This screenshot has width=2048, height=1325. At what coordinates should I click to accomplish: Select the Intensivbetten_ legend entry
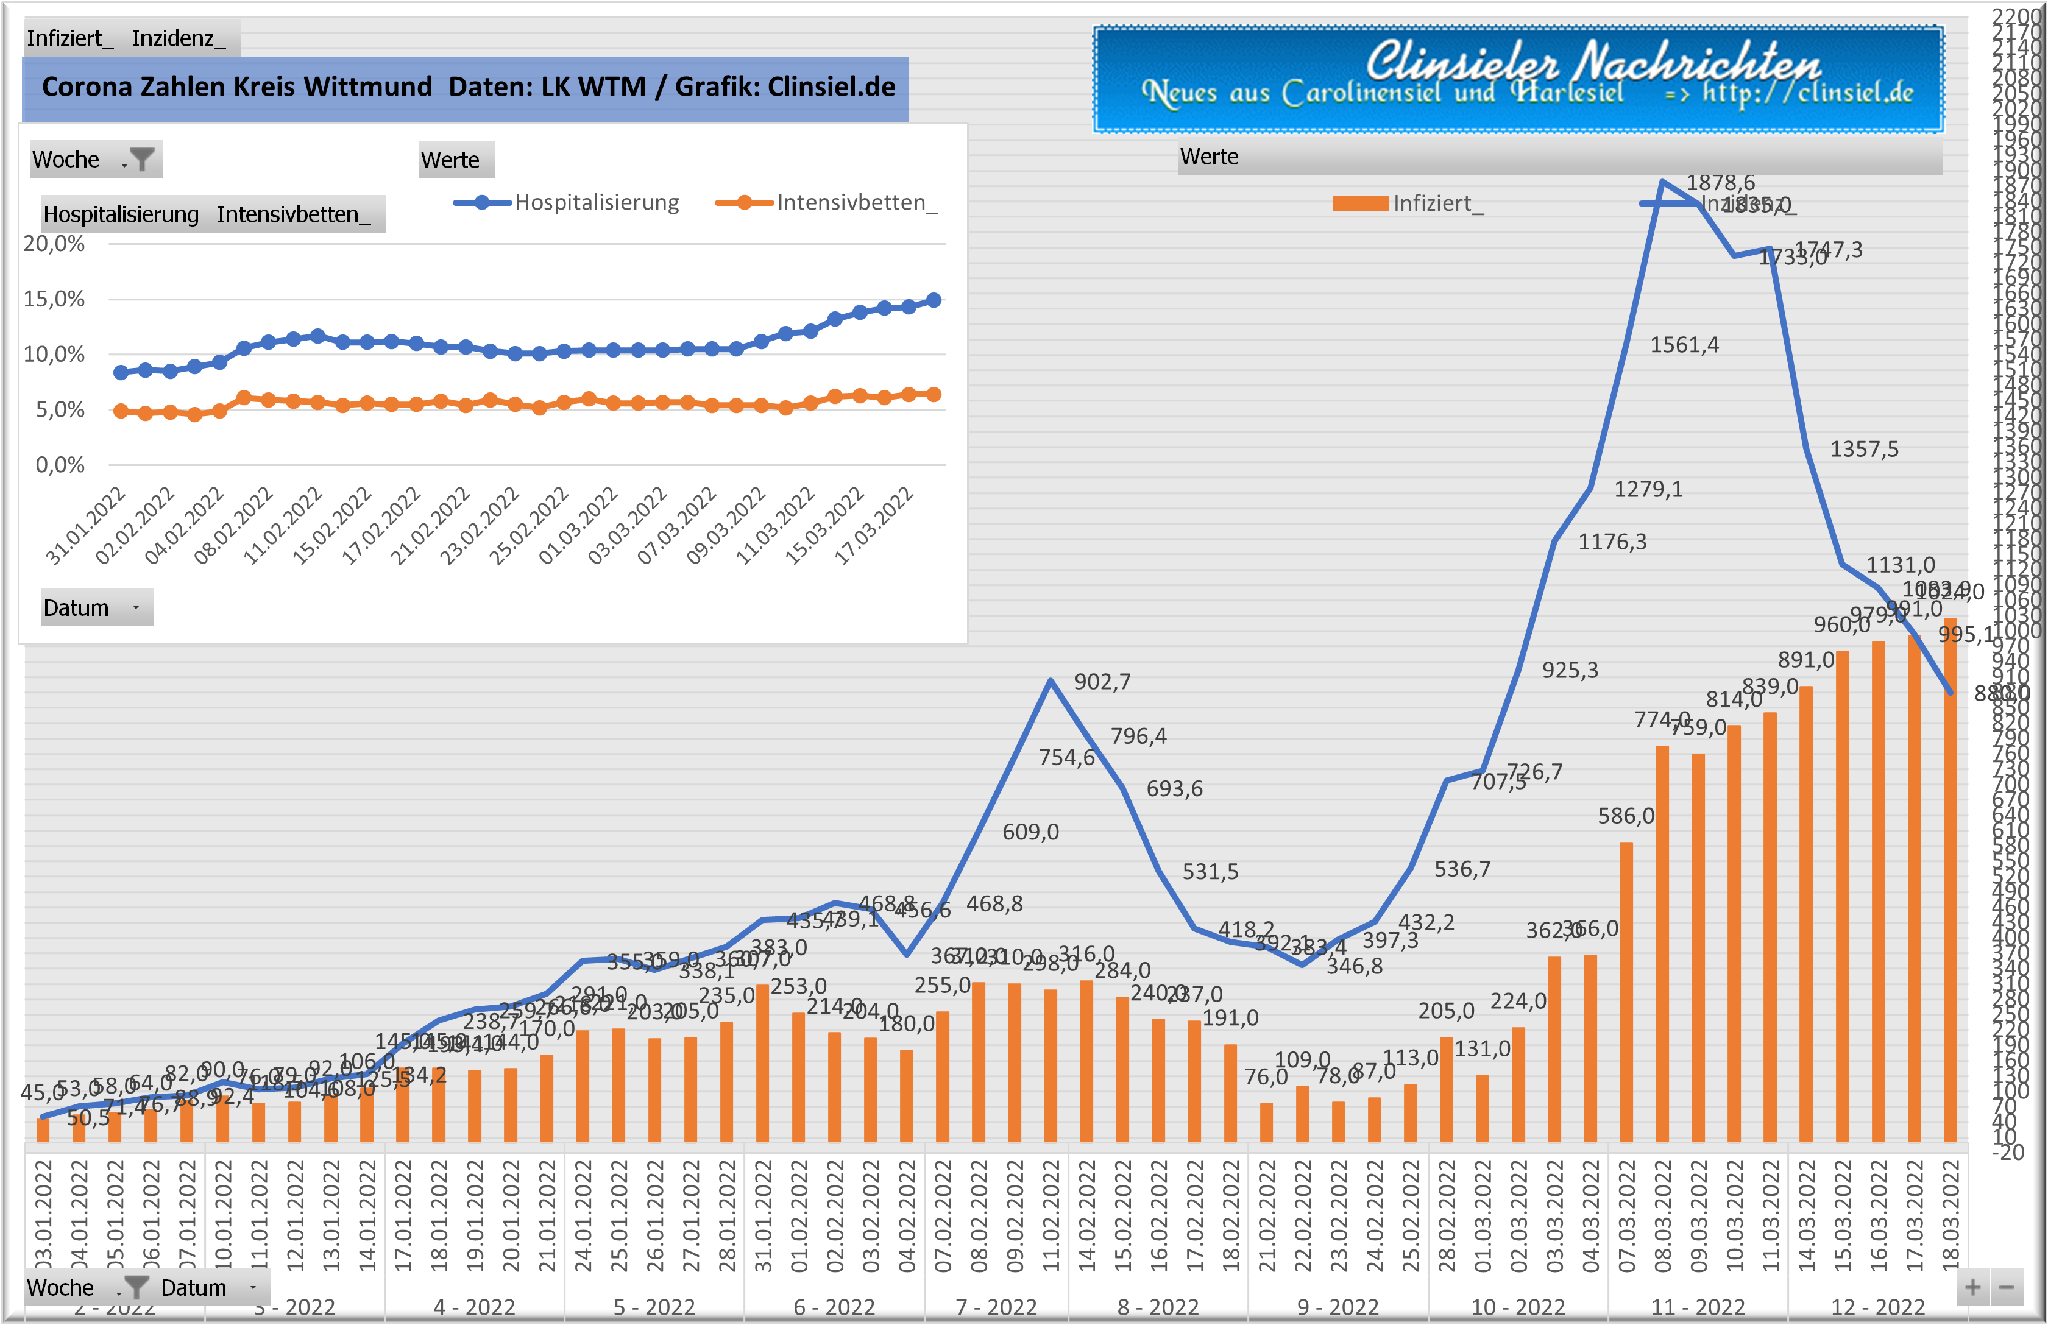point(856,203)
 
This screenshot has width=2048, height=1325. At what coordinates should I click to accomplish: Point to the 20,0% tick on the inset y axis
point(54,244)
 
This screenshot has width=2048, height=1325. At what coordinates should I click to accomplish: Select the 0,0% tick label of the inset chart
point(60,465)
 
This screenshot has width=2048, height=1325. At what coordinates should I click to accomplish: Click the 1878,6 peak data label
point(1720,182)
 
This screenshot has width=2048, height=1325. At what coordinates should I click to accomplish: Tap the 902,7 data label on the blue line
point(1102,682)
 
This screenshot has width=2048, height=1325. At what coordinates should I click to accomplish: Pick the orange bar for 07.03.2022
point(1626,989)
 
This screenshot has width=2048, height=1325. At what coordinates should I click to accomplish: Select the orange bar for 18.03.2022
point(1950,878)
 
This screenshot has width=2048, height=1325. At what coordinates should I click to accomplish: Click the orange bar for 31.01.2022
point(762,1062)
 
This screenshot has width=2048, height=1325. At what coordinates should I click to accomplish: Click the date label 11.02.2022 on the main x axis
point(1051,1215)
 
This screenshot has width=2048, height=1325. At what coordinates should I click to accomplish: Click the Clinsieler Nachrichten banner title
point(1593,62)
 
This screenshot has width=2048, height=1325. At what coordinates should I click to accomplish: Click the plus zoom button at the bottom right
point(1972,1288)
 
